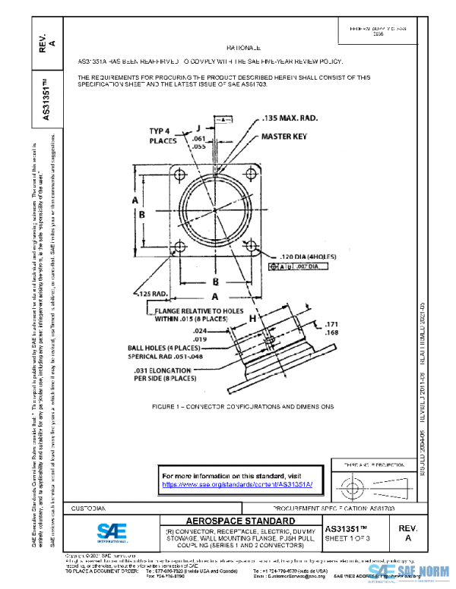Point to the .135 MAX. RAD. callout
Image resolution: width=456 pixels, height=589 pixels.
pos(290,119)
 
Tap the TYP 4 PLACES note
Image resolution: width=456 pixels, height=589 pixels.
pos(163,136)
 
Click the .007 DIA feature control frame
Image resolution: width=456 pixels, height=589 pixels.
pos(302,267)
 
